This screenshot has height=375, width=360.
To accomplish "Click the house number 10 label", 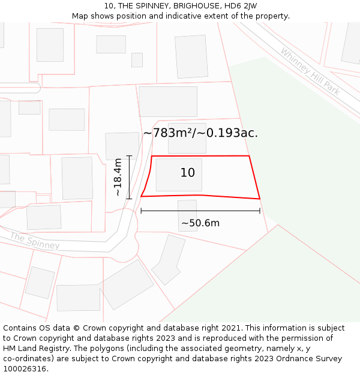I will coord(188,173).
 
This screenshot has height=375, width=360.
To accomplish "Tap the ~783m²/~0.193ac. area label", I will coord(200,133).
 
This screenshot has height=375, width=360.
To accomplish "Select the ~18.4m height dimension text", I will coord(118,177).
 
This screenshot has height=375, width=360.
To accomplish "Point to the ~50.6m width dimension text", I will coord(200,223).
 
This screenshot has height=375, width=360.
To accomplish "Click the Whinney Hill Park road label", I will coord(310,71).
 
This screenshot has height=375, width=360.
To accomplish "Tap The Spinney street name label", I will coord(35,241).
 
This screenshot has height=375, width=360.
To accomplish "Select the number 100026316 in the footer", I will coord(24,369).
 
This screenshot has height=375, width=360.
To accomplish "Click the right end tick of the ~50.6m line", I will coord(260,211).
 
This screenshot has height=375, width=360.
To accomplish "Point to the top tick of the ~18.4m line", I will coord(129,156).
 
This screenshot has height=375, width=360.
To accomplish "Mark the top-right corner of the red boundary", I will coord(249,156).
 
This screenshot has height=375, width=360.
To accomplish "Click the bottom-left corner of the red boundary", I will coord(141,196).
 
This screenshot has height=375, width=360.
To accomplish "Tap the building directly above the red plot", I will coord(187,139).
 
